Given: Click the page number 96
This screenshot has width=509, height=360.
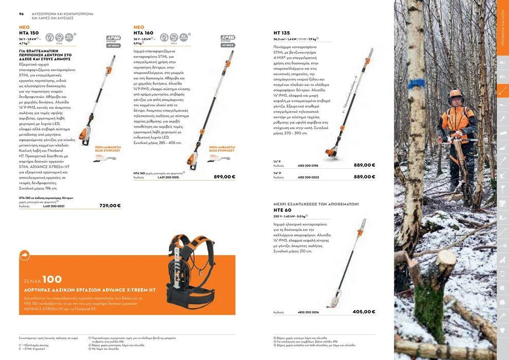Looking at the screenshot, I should (22, 14).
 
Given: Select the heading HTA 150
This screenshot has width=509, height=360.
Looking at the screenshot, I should (29, 33).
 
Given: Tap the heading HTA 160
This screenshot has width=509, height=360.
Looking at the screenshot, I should (143, 33).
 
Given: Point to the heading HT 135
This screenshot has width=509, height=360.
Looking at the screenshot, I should (282, 33).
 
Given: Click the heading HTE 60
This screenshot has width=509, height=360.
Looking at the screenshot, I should (282, 210).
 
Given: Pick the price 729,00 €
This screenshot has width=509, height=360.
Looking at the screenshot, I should (110, 206).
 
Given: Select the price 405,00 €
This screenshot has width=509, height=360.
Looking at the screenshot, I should (364, 312).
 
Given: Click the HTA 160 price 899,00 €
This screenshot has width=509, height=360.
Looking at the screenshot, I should (225, 177).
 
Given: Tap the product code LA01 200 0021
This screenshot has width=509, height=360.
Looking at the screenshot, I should (54, 206).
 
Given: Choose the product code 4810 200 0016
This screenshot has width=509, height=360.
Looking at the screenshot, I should (308, 312).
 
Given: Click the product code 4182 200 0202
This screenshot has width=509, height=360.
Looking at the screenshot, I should (308, 177).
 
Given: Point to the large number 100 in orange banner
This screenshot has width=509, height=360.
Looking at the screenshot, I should (52, 279).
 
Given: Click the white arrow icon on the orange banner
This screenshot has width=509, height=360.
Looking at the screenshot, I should (25, 255).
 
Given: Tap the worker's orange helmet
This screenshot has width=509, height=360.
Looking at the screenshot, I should (456, 94).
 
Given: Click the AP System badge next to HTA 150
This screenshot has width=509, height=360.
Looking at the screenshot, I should (113, 41).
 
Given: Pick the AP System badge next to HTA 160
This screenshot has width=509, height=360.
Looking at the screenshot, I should (228, 41).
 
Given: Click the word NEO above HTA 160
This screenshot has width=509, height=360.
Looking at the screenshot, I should (139, 27).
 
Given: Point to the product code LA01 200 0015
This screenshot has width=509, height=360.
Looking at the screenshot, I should (168, 177).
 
